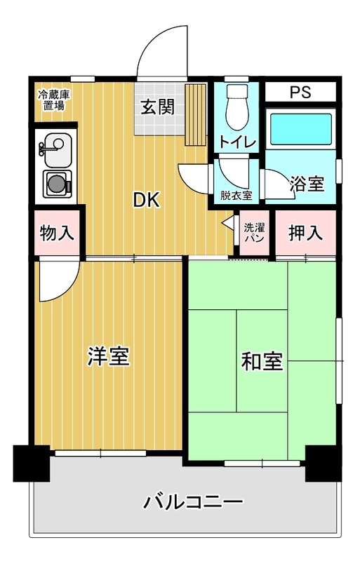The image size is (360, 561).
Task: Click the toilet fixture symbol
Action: pos(236,107)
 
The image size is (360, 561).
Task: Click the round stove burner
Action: pos(55,184)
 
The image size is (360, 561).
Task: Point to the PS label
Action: pos(300,93)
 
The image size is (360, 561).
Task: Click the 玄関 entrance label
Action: pos(158,107)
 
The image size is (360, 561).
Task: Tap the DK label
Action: pos(146,200)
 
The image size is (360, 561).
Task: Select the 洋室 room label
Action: pos(108,356)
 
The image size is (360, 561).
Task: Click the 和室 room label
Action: pos(262,361)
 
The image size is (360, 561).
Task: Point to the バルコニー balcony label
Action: pos(193,502)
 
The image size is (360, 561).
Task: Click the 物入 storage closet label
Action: pos(57,233)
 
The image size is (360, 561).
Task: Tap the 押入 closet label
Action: pos(305,233)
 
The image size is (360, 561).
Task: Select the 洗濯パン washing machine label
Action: pos(254,233)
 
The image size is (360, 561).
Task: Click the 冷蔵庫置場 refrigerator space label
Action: pos(55,100)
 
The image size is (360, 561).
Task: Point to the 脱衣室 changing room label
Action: pos(236,196)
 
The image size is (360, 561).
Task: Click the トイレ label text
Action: pos(237,142)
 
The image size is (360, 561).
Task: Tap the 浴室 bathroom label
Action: pos(307,183)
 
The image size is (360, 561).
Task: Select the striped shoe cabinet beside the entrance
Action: pos(196,115)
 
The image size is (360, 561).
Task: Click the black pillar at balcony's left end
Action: pos(32,464)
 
